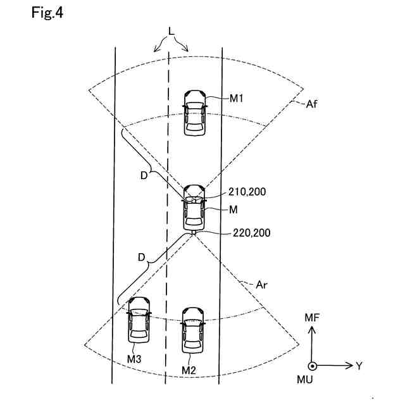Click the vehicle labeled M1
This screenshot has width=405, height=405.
click(x=194, y=112)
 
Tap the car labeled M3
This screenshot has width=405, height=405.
click(x=139, y=321)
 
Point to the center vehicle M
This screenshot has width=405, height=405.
click(x=194, y=208)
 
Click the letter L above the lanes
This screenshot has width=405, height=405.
click(x=171, y=31)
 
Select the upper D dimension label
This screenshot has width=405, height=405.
click(x=144, y=175)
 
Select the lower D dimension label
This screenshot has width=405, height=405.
click(x=141, y=258)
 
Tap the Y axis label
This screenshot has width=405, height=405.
click(x=359, y=366)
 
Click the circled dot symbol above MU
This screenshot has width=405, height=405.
click(x=312, y=366)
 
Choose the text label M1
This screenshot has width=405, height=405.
click(x=237, y=99)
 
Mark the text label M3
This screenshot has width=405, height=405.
click(x=134, y=359)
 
